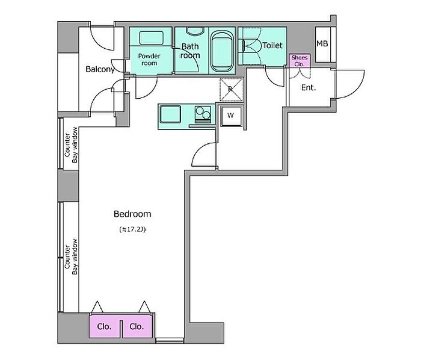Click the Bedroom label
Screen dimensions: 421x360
(132, 214)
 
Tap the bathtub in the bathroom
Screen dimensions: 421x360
(222, 51)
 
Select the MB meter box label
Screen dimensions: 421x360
(322, 43)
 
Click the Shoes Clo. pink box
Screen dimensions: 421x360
(300, 61)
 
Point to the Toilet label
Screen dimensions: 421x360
(272, 45)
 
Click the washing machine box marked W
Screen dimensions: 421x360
(230, 116)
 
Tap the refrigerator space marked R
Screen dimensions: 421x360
(231, 90)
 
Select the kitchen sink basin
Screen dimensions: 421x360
(170, 114)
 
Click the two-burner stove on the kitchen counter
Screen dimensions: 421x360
(203, 114)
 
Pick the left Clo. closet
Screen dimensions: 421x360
(105, 326)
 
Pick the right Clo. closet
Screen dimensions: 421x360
(138, 326)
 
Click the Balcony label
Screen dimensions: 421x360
(100, 69)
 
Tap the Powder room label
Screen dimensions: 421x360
(149, 60)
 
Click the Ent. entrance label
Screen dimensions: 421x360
(309, 87)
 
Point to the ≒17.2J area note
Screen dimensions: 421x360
(132, 229)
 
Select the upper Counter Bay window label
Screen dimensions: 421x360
(71, 145)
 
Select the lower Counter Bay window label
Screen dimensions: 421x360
(71, 257)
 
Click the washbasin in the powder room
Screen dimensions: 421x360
(151, 38)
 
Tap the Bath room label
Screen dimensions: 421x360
(190, 51)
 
